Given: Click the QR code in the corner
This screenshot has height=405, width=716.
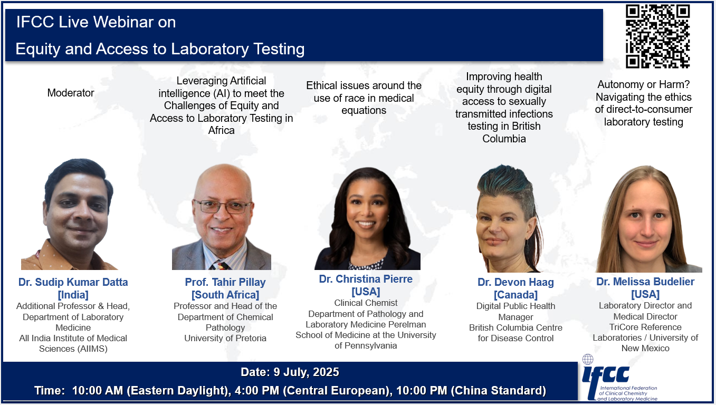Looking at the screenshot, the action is coord(657,36).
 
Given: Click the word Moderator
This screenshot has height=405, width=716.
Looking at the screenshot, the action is coord(71,93).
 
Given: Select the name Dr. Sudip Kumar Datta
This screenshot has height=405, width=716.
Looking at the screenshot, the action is coord(73,282).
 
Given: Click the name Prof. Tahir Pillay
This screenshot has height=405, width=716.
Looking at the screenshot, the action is coord(225,282).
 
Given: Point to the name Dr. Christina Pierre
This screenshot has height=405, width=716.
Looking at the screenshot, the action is coord(366,279).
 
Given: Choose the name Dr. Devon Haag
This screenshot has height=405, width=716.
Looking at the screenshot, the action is coord(515,282).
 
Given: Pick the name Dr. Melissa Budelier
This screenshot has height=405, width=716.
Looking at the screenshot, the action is coord(645,282).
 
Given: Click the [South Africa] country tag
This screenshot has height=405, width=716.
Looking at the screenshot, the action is coord(225,294).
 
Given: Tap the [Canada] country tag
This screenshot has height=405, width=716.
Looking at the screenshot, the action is coord(515,294).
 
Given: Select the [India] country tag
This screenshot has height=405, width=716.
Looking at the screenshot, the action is coord(73,294).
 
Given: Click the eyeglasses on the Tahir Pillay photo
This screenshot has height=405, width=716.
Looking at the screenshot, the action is coord(222,206).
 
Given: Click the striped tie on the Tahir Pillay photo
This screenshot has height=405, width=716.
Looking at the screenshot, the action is coord(220,265).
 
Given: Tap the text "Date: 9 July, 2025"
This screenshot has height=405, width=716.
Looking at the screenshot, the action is coord(290,372).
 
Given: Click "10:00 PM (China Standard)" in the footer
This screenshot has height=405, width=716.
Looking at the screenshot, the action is coord(471,391).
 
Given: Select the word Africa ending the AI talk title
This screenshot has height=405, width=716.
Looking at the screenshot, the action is coord(221,130).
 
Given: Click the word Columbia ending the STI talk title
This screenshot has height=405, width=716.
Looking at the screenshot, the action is coord(504,139).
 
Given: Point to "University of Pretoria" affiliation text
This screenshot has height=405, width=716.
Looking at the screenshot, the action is coord(225,338).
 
